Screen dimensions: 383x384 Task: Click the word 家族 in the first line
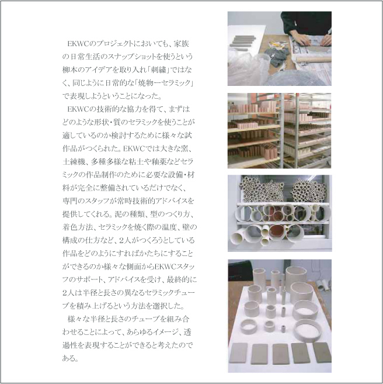(x=181, y=44)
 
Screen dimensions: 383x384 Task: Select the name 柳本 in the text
(x=70, y=70)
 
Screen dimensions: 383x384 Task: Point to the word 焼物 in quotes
(x=147, y=83)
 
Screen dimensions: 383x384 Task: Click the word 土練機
(x=74, y=162)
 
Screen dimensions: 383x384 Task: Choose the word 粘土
(x=133, y=162)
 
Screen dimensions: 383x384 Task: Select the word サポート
(x=90, y=279)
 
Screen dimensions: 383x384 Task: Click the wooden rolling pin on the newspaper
(x=314, y=59)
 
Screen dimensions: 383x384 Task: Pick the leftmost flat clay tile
(x=238, y=353)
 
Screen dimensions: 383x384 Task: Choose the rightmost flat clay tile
(x=322, y=352)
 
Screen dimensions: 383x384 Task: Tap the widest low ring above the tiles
(x=308, y=330)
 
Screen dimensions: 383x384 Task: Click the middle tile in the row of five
(x=281, y=354)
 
